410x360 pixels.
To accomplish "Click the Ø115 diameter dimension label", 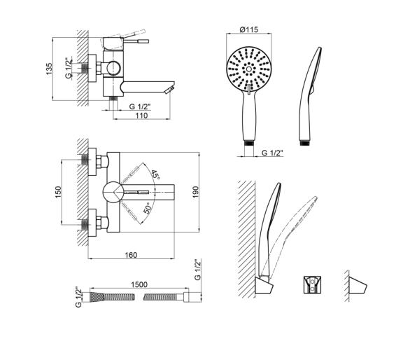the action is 248,29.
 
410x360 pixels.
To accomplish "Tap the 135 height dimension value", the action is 49,69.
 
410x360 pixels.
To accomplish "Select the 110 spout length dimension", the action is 141,116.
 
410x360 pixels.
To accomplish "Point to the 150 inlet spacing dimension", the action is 58,192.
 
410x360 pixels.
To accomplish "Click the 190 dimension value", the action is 195,192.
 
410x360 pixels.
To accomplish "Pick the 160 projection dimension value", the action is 131,255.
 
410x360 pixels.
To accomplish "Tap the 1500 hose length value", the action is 139,284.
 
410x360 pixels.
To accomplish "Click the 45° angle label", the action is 155,174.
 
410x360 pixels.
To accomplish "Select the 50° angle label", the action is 148,208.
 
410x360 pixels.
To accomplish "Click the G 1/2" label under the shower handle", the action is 272,153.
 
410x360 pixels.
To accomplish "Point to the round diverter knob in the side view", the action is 113,68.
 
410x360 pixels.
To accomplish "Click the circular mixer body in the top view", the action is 113,192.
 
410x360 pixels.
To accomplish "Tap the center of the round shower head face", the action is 248,69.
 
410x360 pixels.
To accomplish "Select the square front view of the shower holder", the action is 312,284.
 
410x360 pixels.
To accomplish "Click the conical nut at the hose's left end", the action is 97,297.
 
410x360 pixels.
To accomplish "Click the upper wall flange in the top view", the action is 92,162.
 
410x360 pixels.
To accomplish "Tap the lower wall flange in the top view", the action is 92,223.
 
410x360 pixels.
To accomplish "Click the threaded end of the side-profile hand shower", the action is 304,143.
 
